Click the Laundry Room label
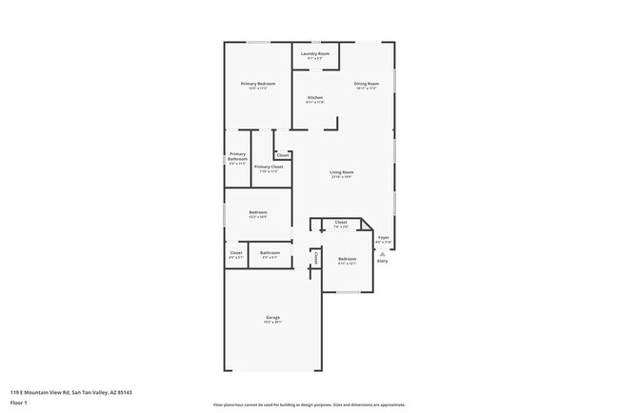tap(315, 54)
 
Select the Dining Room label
tap(367, 86)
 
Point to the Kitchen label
tap(315, 99)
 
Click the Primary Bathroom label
tap(237, 156)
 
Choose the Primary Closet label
tap(269, 167)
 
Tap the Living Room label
tap(342, 173)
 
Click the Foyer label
tap(383, 238)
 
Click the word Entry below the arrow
tap(382, 261)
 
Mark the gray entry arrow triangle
tap(382, 254)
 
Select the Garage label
tap(272, 318)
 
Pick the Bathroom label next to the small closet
tap(270, 253)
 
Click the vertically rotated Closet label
tap(315, 258)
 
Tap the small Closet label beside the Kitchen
tap(283, 154)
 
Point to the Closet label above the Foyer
tap(341, 223)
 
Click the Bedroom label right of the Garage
tap(347, 260)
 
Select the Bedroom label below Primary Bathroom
tap(258, 213)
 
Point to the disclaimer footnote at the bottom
tap(309, 404)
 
